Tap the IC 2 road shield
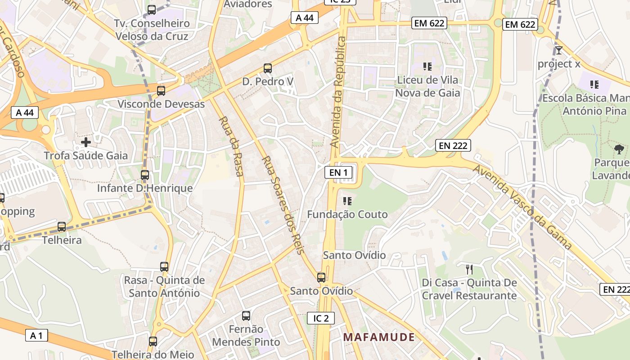[321, 318]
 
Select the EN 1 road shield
[338, 172]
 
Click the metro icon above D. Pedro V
[268, 68]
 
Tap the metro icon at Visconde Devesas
[161, 91]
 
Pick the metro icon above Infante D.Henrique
[145, 175]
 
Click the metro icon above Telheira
[62, 227]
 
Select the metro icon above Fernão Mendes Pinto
[246, 316]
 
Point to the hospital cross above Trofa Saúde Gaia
[86, 143]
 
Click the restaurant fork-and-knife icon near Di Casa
[469, 270]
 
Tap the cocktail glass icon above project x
[559, 50]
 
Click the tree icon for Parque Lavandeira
[619, 149]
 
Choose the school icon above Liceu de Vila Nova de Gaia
[427, 67]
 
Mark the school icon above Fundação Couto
[347, 201]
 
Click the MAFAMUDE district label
[379, 337]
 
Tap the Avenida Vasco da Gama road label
[522, 207]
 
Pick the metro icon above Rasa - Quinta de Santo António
[164, 267]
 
